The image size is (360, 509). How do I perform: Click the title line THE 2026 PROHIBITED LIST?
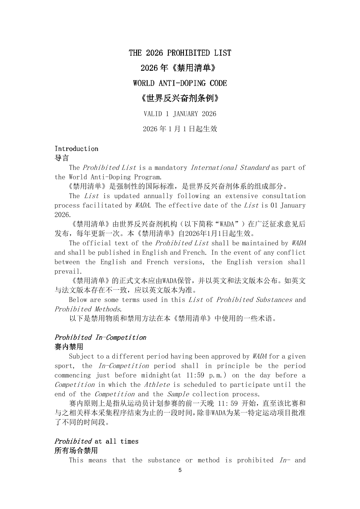tap(180, 53)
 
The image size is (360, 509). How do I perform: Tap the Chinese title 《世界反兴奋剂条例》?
tap(180, 98)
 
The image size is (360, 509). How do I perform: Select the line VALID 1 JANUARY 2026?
tap(180, 114)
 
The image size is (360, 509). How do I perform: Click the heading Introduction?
tap(76, 148)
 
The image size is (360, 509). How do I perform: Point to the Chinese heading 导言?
tap(62, 158)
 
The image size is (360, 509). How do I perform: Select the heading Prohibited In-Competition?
tap(100, 338)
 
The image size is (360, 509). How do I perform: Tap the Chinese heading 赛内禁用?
tap(69, 347)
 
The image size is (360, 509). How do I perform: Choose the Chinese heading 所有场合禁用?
tap(76, 451)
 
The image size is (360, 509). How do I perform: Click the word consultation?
tap(283, 196)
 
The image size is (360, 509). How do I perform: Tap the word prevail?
tap(68, 272)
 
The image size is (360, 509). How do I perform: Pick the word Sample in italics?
tap(178, 394)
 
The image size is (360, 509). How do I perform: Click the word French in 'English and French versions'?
tap(157, 262)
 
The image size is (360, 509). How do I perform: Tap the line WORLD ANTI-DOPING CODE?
tap(180, 83)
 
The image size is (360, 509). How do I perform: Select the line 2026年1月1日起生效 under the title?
tap(180, 129)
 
